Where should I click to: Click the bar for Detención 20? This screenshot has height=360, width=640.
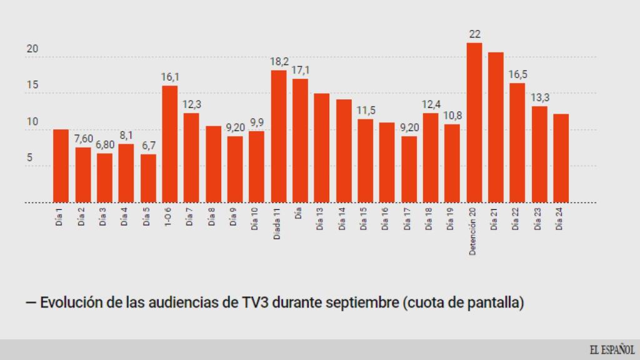[x=474, y=122]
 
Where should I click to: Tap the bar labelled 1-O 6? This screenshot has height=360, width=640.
[x=170, y=144]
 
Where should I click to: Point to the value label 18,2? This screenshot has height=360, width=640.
[x=279, y=62]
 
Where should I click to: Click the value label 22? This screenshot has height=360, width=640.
[x=474, y=34]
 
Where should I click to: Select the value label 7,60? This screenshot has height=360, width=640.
[x=83, y=139]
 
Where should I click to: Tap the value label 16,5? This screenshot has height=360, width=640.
[x=517, y=74]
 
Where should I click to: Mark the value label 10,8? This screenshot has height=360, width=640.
[x=452, y=116]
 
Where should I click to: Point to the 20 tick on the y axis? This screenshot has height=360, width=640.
[x=33, y=49]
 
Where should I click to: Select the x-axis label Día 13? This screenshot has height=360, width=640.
[x=320, y=219]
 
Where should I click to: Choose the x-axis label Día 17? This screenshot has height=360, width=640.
[x=407, y=219]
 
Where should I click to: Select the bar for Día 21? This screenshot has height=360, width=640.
[x=496, y=127]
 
